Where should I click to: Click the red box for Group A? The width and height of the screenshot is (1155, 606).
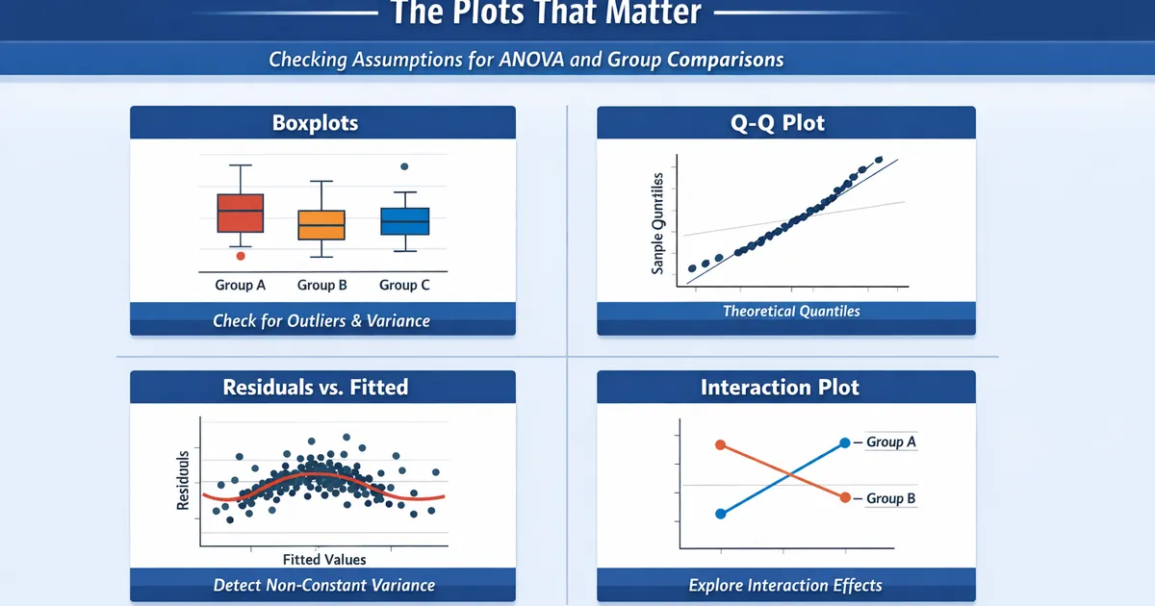(240, 213)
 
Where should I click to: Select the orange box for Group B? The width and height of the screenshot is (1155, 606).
(321, 224)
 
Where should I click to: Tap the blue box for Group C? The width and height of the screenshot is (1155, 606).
(404, 220)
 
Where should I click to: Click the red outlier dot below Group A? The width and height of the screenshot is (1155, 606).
(241, 256)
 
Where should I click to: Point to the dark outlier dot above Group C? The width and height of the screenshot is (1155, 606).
(404, 166)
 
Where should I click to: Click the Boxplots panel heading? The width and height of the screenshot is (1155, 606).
(315, 123)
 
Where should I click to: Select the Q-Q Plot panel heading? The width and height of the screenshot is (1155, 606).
(785, 123)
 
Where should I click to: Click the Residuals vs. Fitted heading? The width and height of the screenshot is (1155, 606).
(315, 388)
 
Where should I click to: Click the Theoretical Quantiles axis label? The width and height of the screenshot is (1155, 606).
(791, 312)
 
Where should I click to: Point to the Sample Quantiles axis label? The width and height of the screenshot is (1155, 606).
(658, 223)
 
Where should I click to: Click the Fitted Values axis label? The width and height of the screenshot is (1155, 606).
(324, 559)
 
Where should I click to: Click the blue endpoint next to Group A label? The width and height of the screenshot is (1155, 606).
(845, 442)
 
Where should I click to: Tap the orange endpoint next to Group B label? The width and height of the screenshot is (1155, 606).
(845, 497)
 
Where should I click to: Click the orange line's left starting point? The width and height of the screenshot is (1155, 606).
(720, 444)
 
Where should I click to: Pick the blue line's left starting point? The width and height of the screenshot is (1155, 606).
(720, 514)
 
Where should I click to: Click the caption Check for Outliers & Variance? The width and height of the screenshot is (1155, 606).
(321, 321)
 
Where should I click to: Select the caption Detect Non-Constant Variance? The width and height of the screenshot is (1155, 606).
(323, 585)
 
